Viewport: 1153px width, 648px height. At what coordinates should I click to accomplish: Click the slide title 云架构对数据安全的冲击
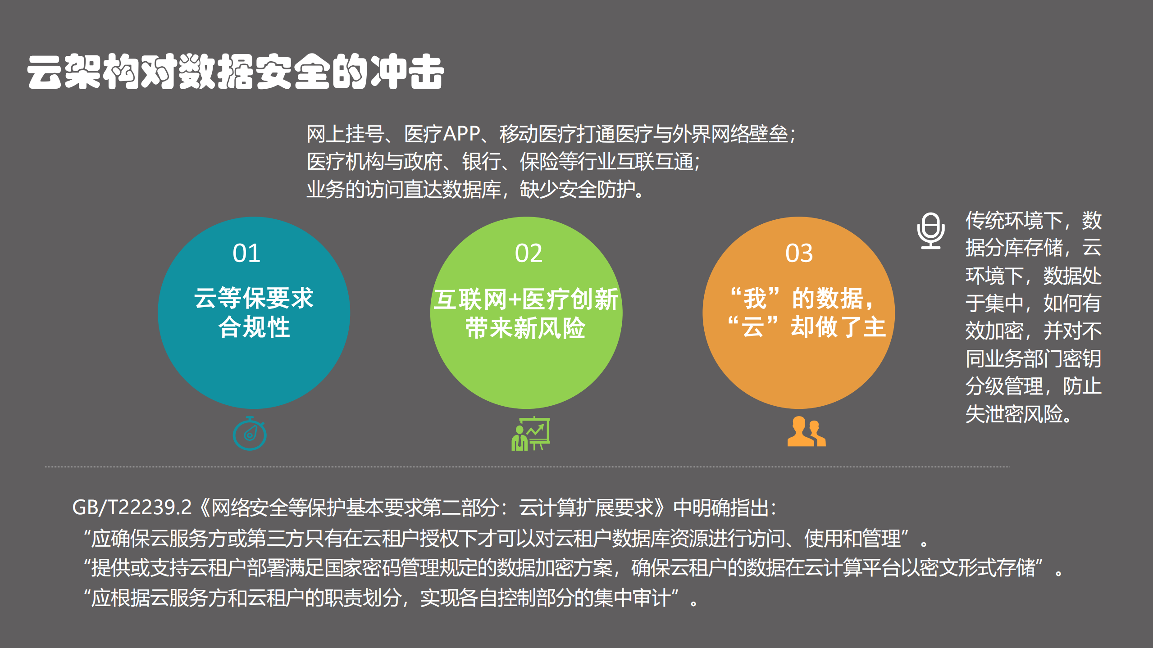coord(235,72)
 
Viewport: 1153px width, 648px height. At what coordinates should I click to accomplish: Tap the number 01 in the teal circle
coord(246,253)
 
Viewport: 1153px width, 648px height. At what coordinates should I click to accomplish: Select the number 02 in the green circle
coord(529,253)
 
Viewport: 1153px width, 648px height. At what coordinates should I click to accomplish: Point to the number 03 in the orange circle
coord(799,253)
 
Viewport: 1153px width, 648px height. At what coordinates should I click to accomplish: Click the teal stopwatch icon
coord(250,434)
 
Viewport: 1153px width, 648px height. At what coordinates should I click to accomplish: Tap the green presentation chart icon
coord(531,434)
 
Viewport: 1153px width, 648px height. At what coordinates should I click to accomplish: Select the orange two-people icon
coord(806,432)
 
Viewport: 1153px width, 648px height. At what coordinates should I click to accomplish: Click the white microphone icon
coord(931,231)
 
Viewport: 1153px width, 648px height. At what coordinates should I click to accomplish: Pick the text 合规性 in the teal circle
coord(254,327)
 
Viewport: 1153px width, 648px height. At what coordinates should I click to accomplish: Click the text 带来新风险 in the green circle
coord(525,328)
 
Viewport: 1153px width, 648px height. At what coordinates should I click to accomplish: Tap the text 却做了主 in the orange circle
coord(838,327)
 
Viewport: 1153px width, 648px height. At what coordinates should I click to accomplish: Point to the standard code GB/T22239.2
coord(132,508)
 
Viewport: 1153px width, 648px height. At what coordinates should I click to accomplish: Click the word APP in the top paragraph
coord(462,134)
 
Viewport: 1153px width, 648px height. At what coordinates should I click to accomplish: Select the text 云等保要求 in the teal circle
coord(254,298)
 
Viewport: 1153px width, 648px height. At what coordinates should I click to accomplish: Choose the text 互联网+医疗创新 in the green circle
coord(525,299)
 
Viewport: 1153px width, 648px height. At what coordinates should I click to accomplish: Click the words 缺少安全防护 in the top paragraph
coord(577,189)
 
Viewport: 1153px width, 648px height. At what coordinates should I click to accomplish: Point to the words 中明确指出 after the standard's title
coord(721,508)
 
